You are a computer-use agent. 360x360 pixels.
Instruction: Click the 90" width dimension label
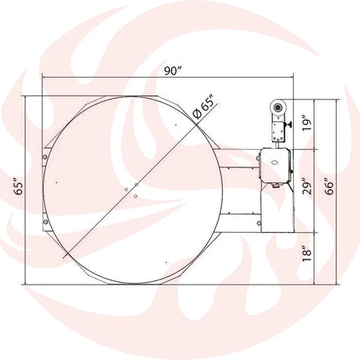click(x=173, y=71)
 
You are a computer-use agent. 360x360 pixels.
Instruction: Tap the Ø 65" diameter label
click(x=205, y=109)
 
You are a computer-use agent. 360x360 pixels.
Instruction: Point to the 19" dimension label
click(x=306, y=126)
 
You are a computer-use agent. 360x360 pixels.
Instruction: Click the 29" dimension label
click(x=306, y=186)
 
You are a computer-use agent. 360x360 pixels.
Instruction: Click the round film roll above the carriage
click(x=278, y=107)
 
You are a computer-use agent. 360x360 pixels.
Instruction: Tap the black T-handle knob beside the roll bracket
click(x=290, y=125)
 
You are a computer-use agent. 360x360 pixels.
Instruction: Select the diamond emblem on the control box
click(x=275, y=162)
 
